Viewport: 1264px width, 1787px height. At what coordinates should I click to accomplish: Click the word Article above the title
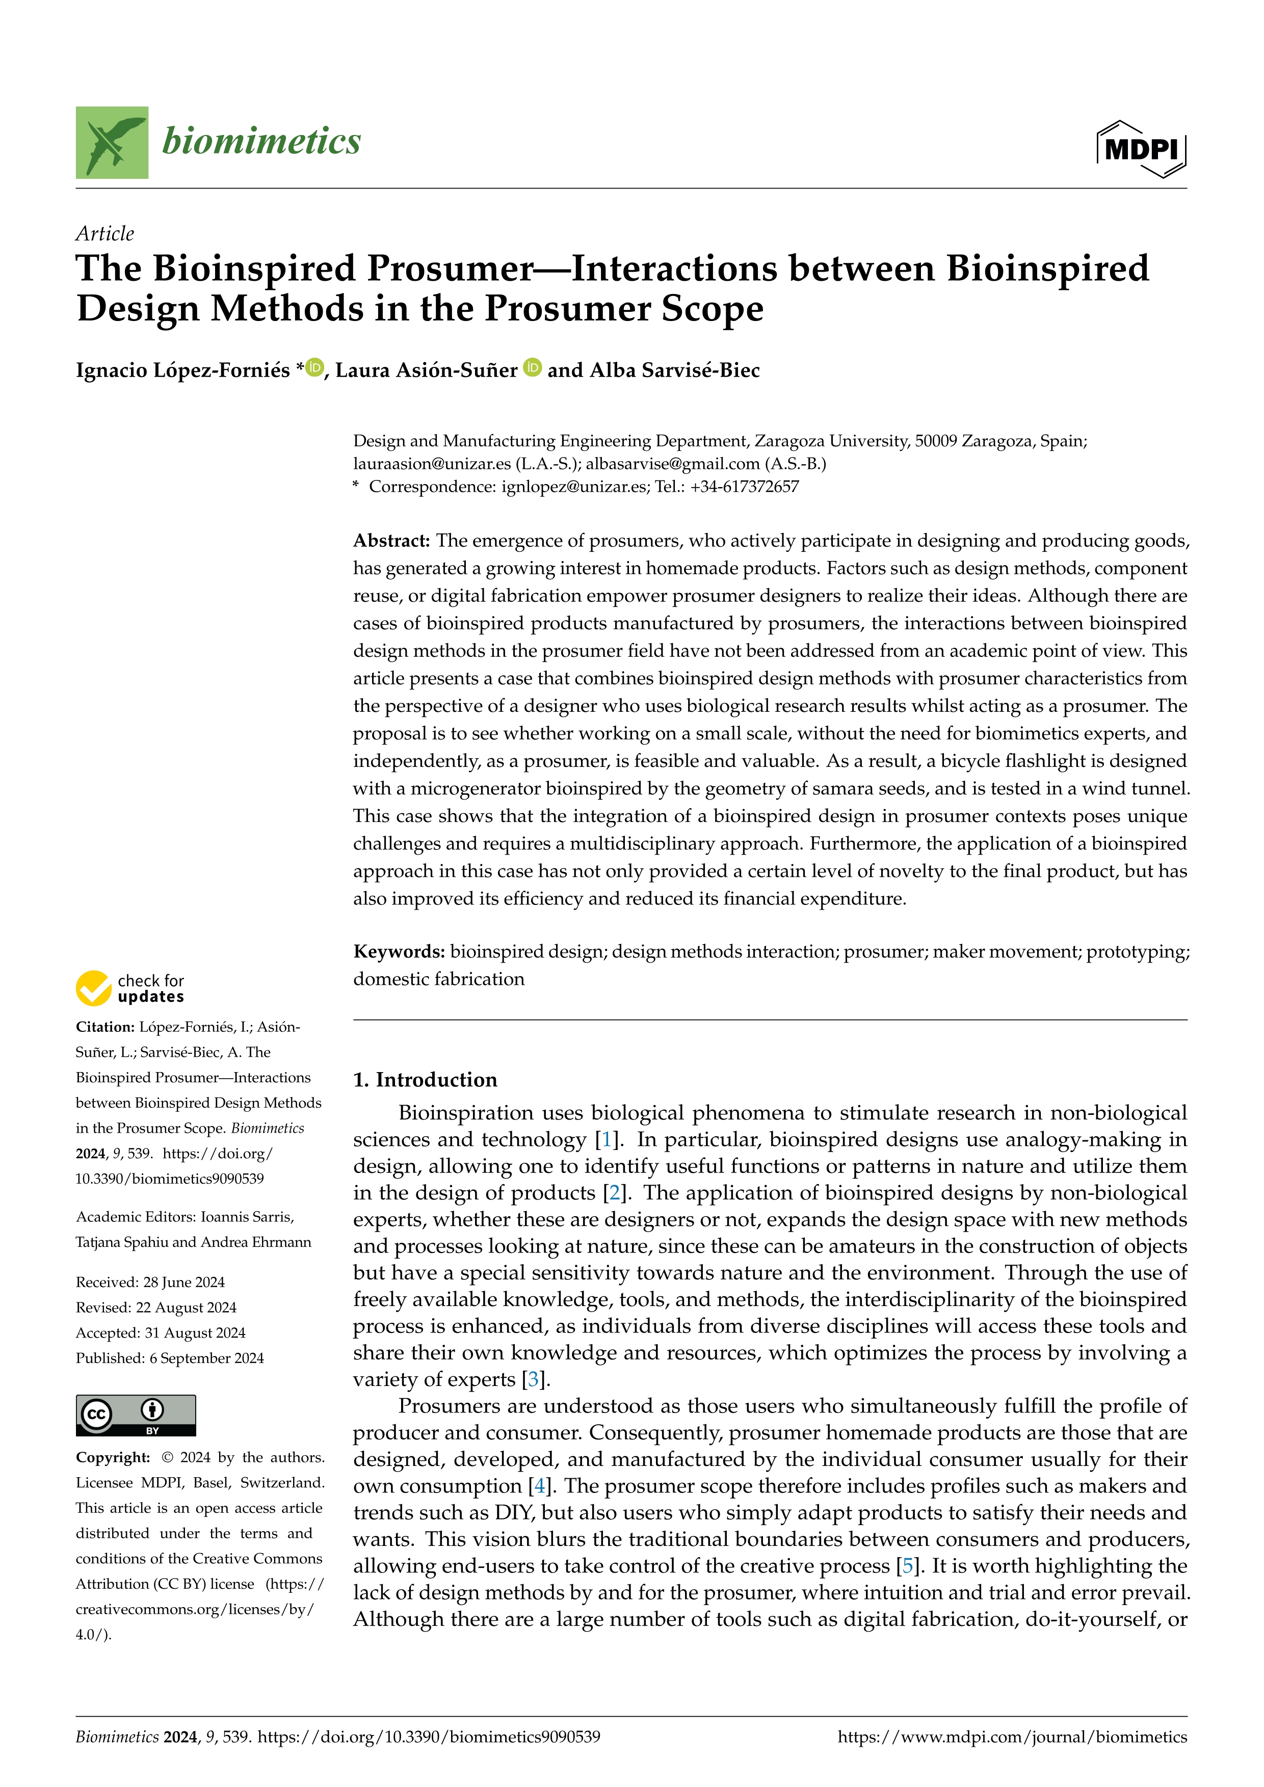[104, 233]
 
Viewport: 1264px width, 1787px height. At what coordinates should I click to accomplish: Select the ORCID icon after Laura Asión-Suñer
[533, 367]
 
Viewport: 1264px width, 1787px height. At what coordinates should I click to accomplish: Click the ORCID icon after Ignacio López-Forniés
[314, 367]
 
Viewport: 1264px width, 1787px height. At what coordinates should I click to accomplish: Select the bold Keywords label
[399, 951]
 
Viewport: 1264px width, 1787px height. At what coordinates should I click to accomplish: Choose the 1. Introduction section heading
[425, 1080]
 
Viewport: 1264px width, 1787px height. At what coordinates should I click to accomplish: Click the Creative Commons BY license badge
[136, 1415]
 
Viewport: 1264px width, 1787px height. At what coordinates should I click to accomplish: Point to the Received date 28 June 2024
[150, 1282]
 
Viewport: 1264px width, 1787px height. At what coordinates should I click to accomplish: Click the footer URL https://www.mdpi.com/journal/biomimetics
[1012, 1737]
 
